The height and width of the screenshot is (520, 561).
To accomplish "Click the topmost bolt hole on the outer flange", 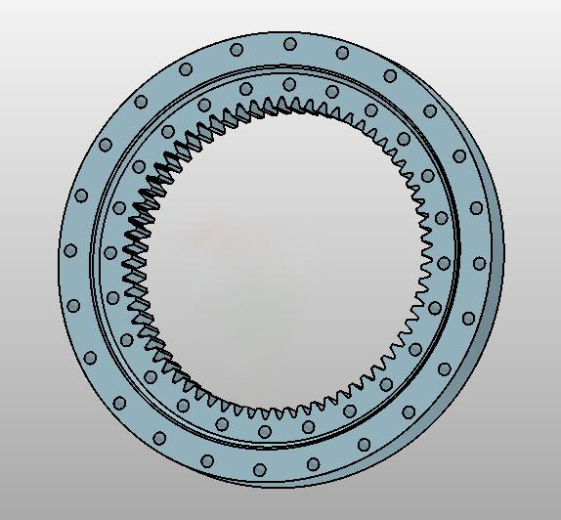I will tap(290, 43).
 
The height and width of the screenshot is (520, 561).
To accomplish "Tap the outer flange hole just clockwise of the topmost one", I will tap(342, 52).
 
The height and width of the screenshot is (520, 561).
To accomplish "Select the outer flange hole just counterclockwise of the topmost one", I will tap(237, 49).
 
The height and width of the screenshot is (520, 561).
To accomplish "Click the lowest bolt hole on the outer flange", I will tap(260, 470).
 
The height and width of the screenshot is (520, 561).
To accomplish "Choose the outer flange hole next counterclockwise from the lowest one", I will tap(313, 464).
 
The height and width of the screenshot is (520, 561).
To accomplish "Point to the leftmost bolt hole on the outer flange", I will tap(69, 250).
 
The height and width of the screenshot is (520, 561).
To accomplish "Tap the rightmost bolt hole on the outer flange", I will tap(480, 263).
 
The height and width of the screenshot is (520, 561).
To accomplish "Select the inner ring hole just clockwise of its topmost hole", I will tap(332, 93).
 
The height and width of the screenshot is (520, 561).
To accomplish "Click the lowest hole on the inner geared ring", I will tap(265, 430).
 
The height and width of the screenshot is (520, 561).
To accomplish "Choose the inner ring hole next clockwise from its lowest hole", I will tap(222, 423).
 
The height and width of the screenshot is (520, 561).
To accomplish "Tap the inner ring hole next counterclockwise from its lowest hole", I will tap(309, 427).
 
